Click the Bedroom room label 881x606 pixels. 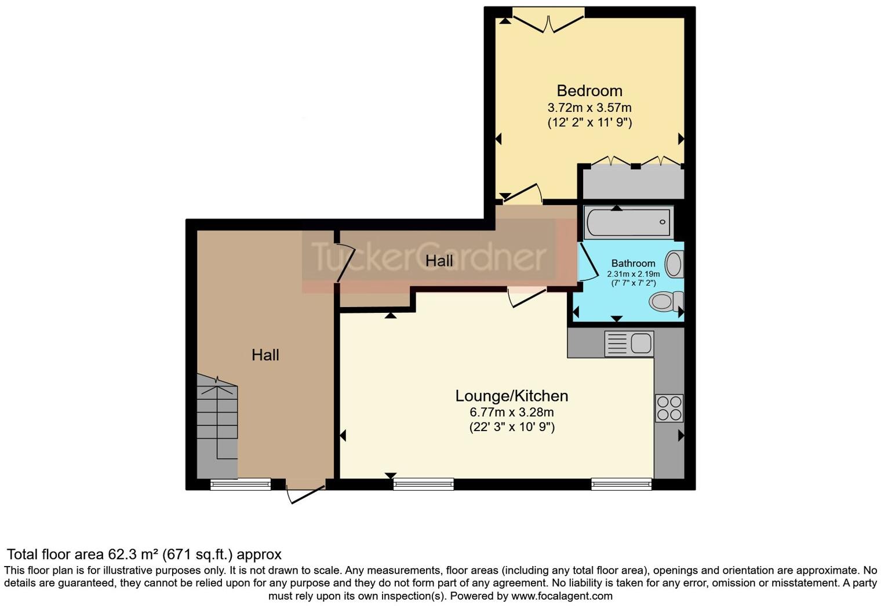tap(589, 91)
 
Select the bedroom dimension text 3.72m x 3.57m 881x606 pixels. tap(589, 108)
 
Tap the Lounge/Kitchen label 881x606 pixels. tap(511, 396)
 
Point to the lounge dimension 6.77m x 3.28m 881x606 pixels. tap(511, 412)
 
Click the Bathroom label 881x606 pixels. tap(633, 263)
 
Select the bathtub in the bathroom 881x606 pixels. tap(628, 222)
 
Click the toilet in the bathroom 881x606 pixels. tap(664, 301)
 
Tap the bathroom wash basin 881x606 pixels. tap(674, 264)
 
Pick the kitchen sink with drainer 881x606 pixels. tap(628, 343)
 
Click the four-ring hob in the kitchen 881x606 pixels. tap(669, 408)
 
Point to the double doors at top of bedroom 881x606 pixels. tap(548, 22)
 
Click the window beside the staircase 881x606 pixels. tap(240, 484)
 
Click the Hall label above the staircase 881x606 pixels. tap(265, 355)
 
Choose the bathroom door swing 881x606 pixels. tap(589, 264)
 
